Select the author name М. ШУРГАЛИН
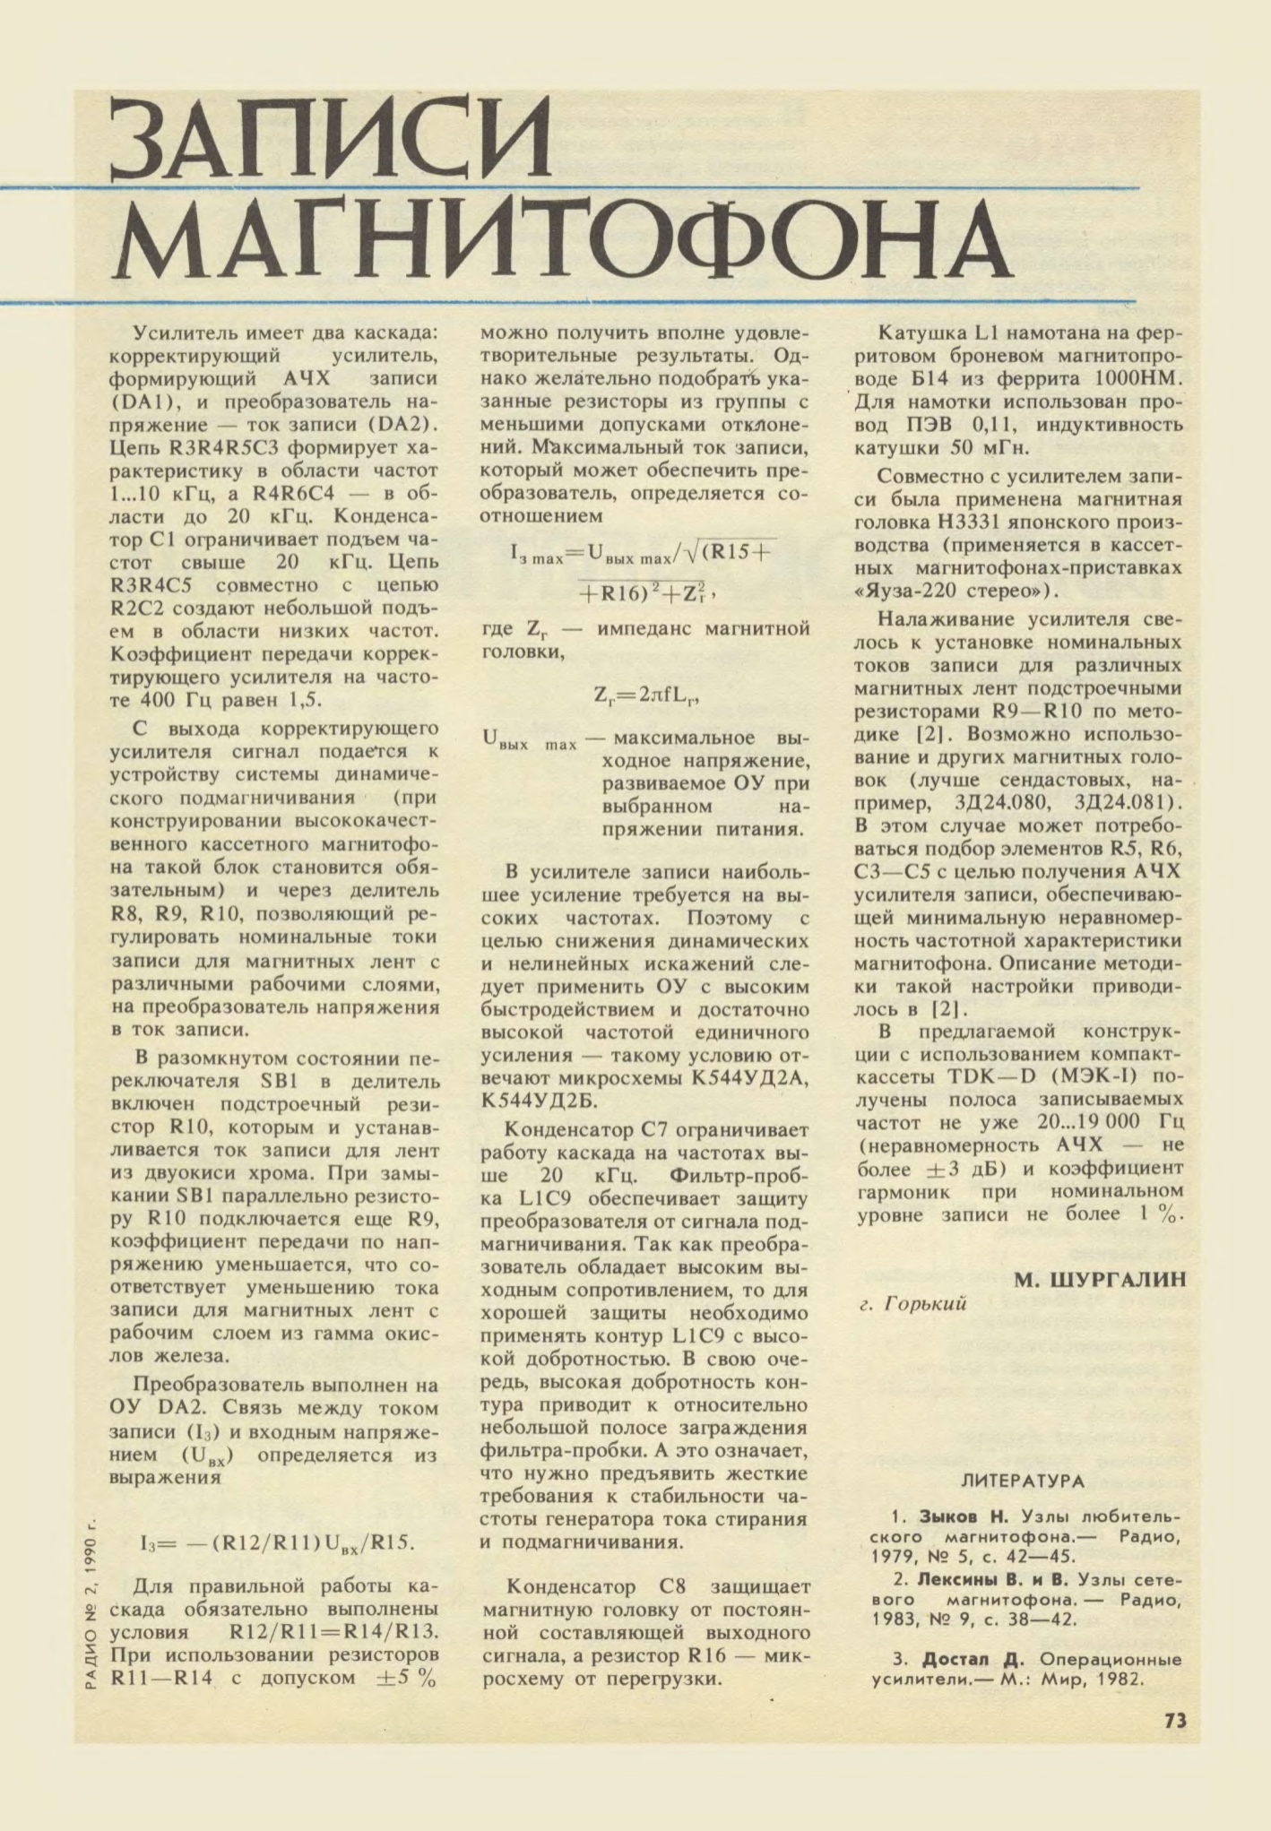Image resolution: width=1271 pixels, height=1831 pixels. [x=1100, y=1280]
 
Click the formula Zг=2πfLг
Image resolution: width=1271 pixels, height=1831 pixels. [x=645, y=695]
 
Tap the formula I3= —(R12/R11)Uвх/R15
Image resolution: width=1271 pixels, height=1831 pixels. [x=278, y=1542]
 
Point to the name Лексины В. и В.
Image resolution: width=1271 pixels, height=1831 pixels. [x=997, y=1578]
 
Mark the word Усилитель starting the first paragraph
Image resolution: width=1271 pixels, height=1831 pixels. [x=184, y=333]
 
